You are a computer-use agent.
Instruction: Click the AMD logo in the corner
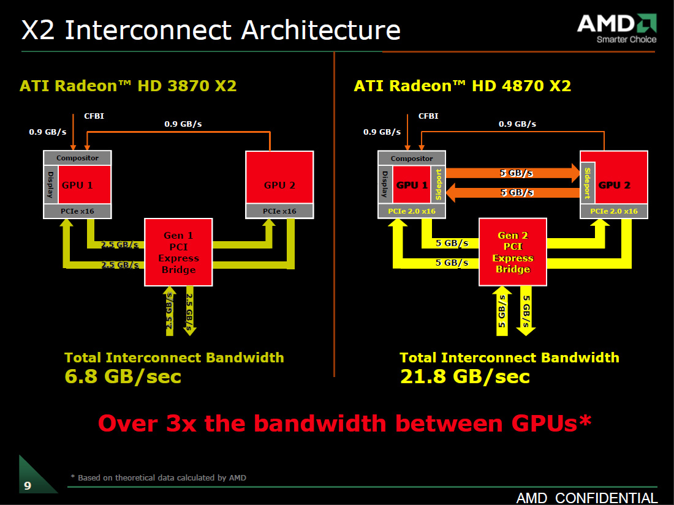pyautogui.click(x=616, y=28)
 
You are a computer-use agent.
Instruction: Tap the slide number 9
pyautogui.click(x=28, y=486)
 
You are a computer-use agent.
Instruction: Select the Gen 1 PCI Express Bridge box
pyautogui.click(x=179, y=252)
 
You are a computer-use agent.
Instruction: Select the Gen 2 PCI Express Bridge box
pyautogui.click(x=513, y=252)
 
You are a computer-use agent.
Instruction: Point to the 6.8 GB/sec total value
pyautogui.click(x=123, y=376)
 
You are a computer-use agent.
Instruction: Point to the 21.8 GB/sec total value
pyautogui.click(x=464, y=376)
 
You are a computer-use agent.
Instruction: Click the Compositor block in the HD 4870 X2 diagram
pyautogui.click(x=412, y=159)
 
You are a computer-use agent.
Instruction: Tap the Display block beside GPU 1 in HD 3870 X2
pyautogui.click(x=50, y=184)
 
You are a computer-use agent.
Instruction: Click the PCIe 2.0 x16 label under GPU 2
pyautogui.click(x=614, y=211)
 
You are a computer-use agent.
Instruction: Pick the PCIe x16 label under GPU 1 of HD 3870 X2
pyautogui.click(x=77, y=211)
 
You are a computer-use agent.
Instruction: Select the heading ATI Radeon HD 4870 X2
pyautogui.click(x=463, y=86)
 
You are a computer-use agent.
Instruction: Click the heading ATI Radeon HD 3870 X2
pyautogui.click(x=128, y=86)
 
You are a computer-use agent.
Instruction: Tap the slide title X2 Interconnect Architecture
pyautogui.click(x=211, y=30)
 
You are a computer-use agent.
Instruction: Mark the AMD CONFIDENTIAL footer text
pyautogui.click(x=587, y=498)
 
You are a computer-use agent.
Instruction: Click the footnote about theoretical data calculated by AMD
pyautogui.click(x=158, y=477)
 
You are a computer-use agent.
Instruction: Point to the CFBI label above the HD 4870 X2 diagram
pyautogui.click(x=428, y=116)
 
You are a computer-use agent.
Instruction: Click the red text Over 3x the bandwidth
pyautogui.click(x=344, y=423)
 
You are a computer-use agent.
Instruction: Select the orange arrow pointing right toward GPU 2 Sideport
pyautogui.click(x=512, y=173)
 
